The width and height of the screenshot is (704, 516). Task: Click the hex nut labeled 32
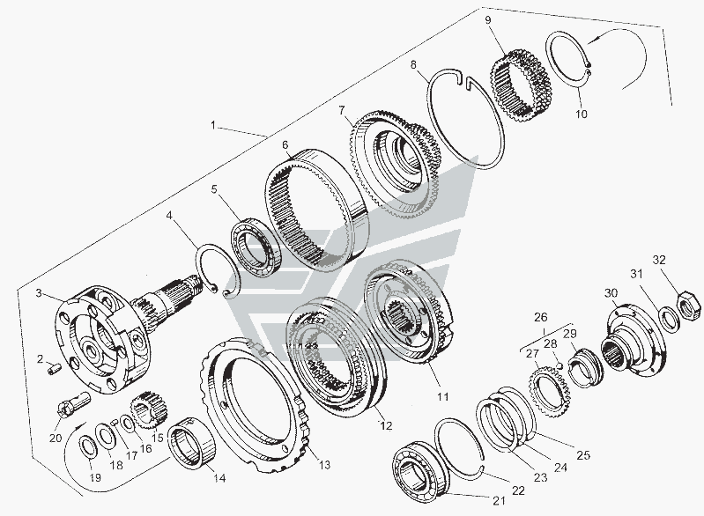tap(689, 306)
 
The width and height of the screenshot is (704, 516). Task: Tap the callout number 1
tap(214, 125)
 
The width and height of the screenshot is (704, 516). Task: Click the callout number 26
tap(541, 317)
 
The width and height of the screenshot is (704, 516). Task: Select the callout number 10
tap(581, 114)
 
